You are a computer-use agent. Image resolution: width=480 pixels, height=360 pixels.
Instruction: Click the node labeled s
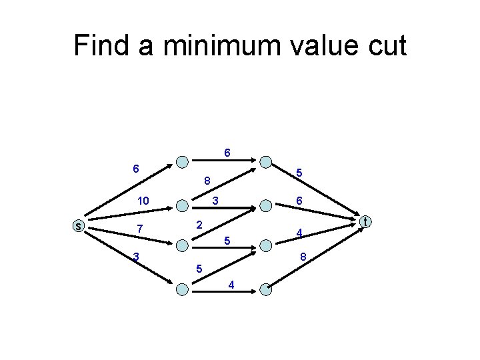click(78, 226)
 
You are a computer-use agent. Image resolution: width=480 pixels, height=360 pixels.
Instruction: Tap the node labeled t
click(365, 221)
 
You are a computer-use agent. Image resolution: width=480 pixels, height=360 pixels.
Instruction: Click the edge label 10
click(143, 201)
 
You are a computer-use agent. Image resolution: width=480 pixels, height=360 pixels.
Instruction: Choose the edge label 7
click(139, 229)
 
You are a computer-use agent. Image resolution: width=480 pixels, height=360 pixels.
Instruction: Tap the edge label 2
click(199, 225)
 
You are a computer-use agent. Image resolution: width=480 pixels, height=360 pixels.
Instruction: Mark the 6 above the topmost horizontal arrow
click(227, 153)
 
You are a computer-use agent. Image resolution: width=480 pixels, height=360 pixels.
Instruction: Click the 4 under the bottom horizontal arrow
click(231, 285)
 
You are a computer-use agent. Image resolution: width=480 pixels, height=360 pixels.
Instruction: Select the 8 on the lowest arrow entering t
click(303, 257)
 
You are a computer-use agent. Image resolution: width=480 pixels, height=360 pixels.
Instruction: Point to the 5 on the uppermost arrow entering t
click(300, 173)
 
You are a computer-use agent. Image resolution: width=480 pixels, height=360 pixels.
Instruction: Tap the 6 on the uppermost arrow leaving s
click(135, 169)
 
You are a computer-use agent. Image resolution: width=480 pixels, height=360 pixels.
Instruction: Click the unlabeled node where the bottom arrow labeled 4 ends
click(265, 289)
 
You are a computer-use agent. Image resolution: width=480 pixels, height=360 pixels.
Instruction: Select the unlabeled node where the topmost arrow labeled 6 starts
click(181, 161)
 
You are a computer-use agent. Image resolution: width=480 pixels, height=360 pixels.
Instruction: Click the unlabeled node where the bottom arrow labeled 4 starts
click(181, 289)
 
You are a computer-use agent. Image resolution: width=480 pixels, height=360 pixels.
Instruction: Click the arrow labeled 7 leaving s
click(127, 221)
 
